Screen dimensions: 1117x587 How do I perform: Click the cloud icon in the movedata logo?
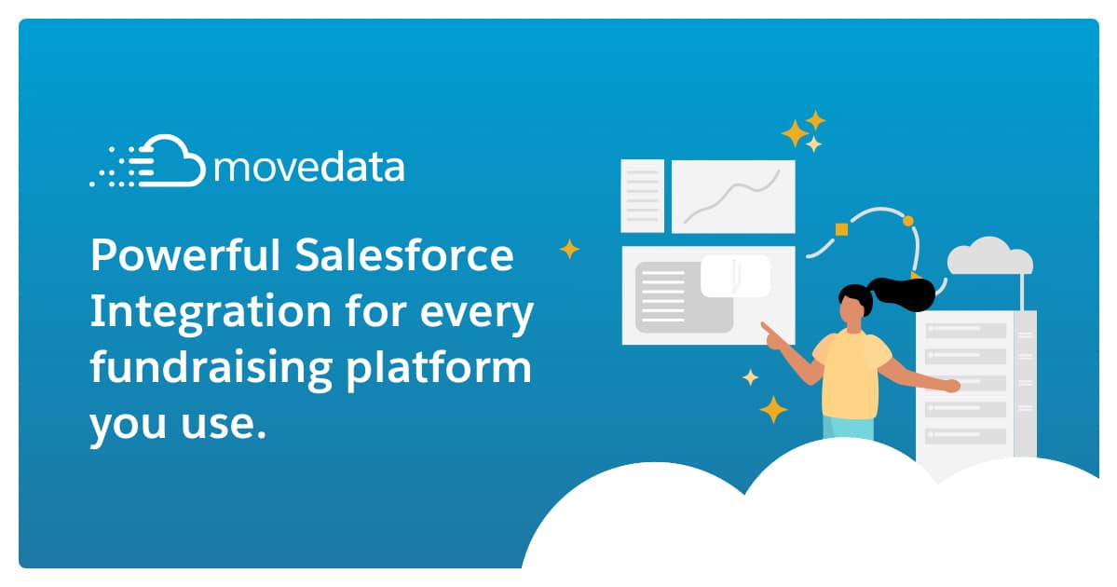(x=171, y=161)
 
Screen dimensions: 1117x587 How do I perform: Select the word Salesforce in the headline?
(x=404, y=254)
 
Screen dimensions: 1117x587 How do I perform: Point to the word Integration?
(x=211, y=311)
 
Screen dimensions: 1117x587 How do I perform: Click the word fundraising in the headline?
(x=211, y=368)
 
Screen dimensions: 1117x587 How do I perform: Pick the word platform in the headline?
(x=439, y=368)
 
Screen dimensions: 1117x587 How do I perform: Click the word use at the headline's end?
(x=218, y=425)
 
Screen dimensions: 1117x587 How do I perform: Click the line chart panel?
(x=733, y=196)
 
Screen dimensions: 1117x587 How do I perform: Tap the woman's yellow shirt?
(x=851, y=375)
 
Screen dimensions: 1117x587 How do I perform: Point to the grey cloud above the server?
(x=989, y=256)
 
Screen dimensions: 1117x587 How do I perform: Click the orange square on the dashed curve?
(x=841, y=229)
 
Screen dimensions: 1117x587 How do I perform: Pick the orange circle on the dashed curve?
(x=907, y=221)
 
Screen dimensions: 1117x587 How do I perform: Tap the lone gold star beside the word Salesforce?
(x=569, y=249)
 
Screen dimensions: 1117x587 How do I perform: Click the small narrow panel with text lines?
(x=643, y=195)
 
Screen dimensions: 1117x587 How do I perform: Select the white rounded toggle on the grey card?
(x=735, y=277)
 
